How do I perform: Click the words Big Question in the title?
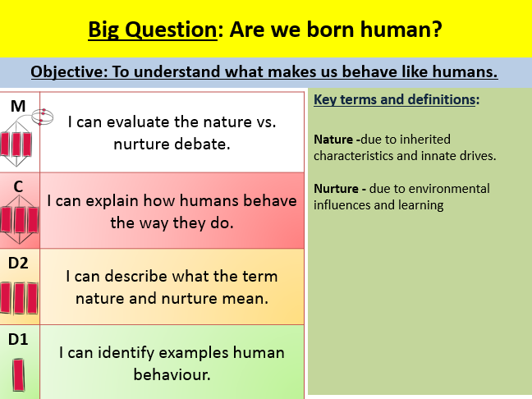pos(153,30)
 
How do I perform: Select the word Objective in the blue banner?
pos(69,72)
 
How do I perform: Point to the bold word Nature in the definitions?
pos(333,139)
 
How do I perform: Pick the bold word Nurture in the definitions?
pos(336,188)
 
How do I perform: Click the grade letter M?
pos(18,106)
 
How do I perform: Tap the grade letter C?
pos(18,186)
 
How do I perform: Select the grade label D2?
pos(18,263)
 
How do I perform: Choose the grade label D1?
pos(18,339)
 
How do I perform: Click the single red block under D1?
pos(19,375)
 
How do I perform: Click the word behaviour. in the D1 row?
pos(172,374)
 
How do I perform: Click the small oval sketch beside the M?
pos(43,117)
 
